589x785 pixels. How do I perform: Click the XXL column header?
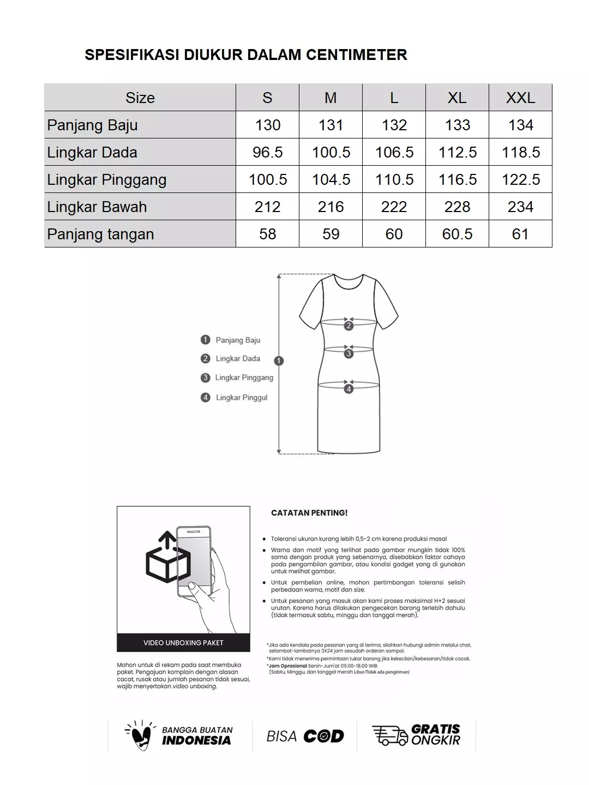(x=520, y=98)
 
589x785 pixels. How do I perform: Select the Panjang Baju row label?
(x=92, y=125)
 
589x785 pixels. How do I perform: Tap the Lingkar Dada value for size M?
(x=330, y=152)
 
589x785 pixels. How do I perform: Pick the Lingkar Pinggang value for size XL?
(x=457, y=179)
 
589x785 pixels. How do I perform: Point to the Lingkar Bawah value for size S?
(x=267, y=207)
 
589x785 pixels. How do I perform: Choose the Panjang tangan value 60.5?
(x=457, y=234)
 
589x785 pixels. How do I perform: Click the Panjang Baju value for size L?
(x=394, y=125)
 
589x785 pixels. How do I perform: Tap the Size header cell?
(x=140, y=98)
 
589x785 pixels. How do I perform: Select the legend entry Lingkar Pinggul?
(x=241, y=397)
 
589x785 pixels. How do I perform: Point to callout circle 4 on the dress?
(x=348, y=389)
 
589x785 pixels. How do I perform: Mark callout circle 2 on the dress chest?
(x=348, y=326)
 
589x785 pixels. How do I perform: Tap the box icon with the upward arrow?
(x=167, y=559)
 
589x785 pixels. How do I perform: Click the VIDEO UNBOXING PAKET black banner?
(x=183, y=643)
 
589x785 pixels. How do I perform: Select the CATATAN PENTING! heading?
(x=309, y=513)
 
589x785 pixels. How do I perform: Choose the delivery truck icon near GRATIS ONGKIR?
(x=389, y=735)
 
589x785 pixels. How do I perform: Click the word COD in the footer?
(x=323, y=736)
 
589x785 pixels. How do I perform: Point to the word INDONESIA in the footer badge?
(x=196, y=740)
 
